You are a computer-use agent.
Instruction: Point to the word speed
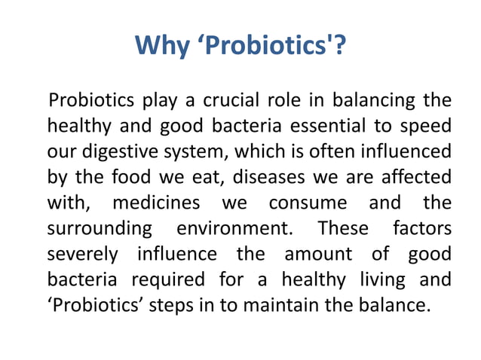[x=428, y=126]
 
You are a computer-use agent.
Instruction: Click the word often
[x=331, y=152]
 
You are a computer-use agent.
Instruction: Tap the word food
[x=131, y=178]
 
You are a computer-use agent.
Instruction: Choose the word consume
[x=308, y=203]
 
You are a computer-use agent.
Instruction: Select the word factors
[x=421, y=229]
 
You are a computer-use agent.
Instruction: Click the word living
[x=381, y=280]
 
